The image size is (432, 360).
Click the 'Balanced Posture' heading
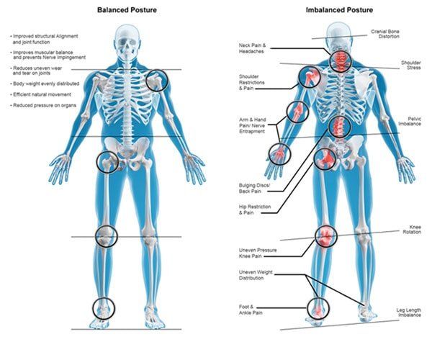point(127,10)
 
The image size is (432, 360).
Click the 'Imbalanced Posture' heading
point(339,10)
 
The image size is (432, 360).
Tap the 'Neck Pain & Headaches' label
point(252,48)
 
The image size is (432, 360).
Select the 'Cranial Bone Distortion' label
point(385,34)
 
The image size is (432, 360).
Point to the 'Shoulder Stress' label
point(411,65)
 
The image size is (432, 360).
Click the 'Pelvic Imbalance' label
point(410,121)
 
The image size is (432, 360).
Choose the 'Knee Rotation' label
point(412,230)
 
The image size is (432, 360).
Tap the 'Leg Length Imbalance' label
point(408,312)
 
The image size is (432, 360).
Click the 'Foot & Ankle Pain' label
point(251,310)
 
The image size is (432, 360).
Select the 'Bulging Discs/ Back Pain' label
point(254,189)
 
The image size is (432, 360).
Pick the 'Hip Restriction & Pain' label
point(255,210)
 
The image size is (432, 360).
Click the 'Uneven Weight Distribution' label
point(256,275)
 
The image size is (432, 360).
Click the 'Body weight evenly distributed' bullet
point(45,84)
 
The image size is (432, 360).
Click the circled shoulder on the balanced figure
point(157,80)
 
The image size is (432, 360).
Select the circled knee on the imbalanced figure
point(326,236)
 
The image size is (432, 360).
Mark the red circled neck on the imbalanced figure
point(341,61)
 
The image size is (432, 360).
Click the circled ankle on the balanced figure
point(104,308)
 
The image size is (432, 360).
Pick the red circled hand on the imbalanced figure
point(279,154)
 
